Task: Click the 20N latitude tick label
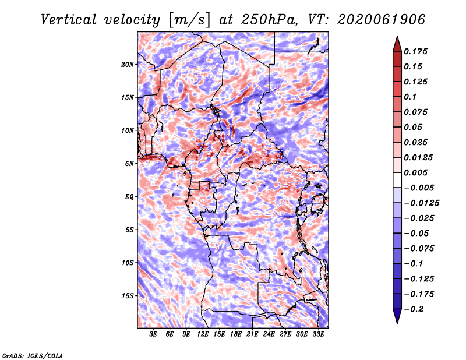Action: [x=128, y=65]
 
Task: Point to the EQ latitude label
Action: [x=129, y=197]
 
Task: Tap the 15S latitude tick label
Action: [x=128, y=296]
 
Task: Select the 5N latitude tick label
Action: [x=129, y=164]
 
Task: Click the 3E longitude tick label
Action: [x=153, y=334]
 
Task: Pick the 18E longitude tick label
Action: [x=236, y=334]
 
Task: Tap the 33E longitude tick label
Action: [x=318, y=334]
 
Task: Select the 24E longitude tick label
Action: [x=269, y=334]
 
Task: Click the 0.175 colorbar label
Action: [x=415, y=51]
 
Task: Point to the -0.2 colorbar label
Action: [x=414, y=309]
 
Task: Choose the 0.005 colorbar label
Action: [x=415, y=172]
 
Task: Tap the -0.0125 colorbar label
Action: [x=421, y=203]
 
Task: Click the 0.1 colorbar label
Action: [x=410, y=97]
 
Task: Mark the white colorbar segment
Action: [x=397, y=180]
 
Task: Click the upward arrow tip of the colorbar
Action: [x=397, y=36]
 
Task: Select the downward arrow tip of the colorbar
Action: [x=397, y=323]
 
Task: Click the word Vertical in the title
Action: [x=69, y=20]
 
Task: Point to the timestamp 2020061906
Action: [x=382, y=20]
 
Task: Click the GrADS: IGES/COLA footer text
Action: [x=33, y=355]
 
